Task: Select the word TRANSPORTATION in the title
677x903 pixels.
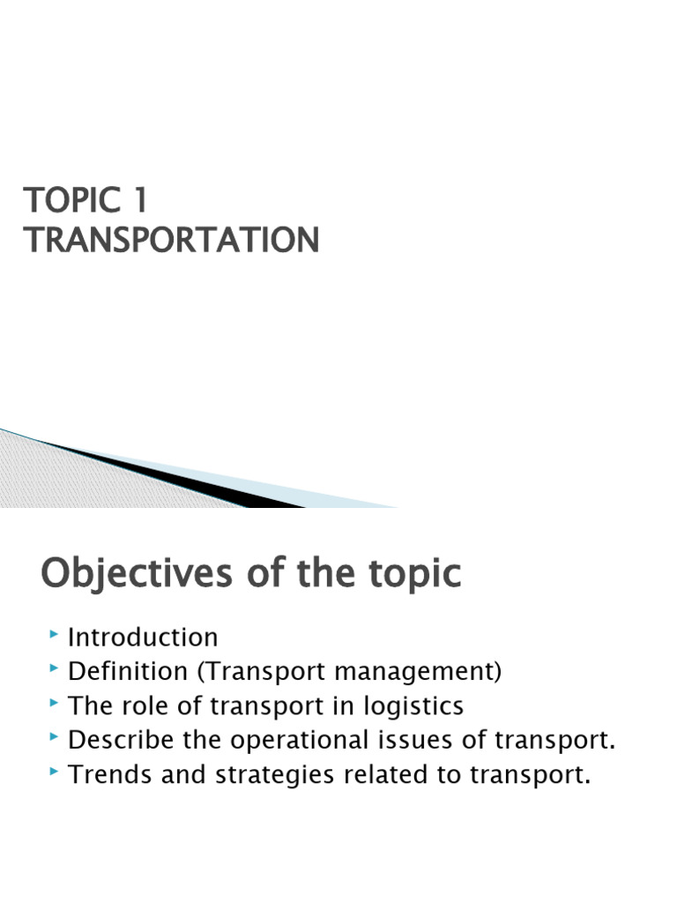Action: pos(172,240)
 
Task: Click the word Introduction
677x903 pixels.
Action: pos(143,637)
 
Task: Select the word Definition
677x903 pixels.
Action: pos(129,671)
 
